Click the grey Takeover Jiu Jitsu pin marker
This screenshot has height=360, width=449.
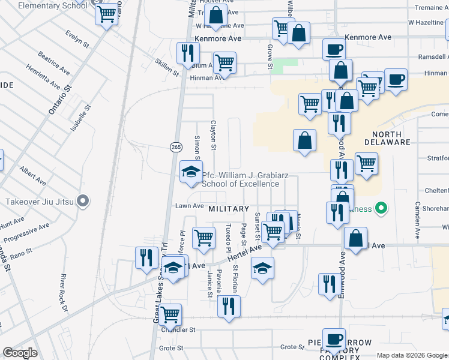tap(84, 200)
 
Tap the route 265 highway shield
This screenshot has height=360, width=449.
tap(176, 147)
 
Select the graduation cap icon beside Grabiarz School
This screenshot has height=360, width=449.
tap(191, 172)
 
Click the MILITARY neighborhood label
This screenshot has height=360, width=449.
tap(229, 209)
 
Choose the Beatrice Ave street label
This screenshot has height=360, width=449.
tap(49, 62)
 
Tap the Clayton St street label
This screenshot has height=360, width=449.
tap(212, 135)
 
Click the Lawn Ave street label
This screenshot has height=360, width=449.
tap(190, 206)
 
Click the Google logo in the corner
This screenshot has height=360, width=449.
tap(20, 353)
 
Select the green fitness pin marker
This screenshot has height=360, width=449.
tap(380, 209)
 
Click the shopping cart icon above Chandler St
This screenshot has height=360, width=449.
tap(170, 313)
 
